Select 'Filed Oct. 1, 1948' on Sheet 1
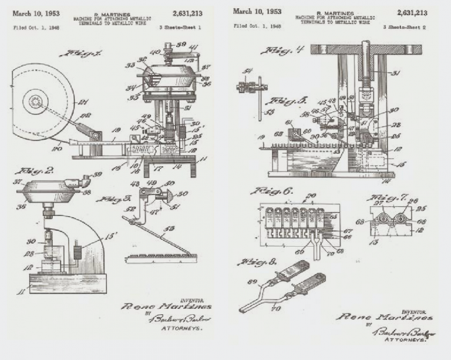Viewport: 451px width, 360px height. click(36, 28)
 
